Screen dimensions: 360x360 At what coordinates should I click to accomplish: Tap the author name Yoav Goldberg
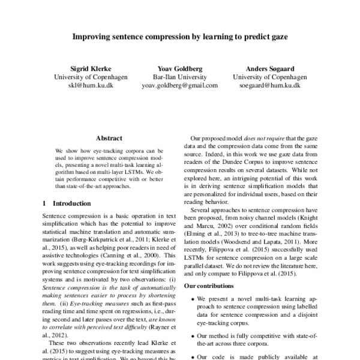180,69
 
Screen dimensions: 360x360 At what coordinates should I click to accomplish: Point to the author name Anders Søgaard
269,69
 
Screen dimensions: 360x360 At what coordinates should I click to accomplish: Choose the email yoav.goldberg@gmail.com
180,86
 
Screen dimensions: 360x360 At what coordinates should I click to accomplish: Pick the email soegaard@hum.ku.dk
269,86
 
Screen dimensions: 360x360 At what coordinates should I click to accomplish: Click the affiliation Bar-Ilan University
180,77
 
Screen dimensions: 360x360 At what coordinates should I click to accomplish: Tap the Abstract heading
109,137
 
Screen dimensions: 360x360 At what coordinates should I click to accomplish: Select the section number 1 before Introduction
46,203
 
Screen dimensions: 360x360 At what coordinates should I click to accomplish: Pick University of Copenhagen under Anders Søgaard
269,77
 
